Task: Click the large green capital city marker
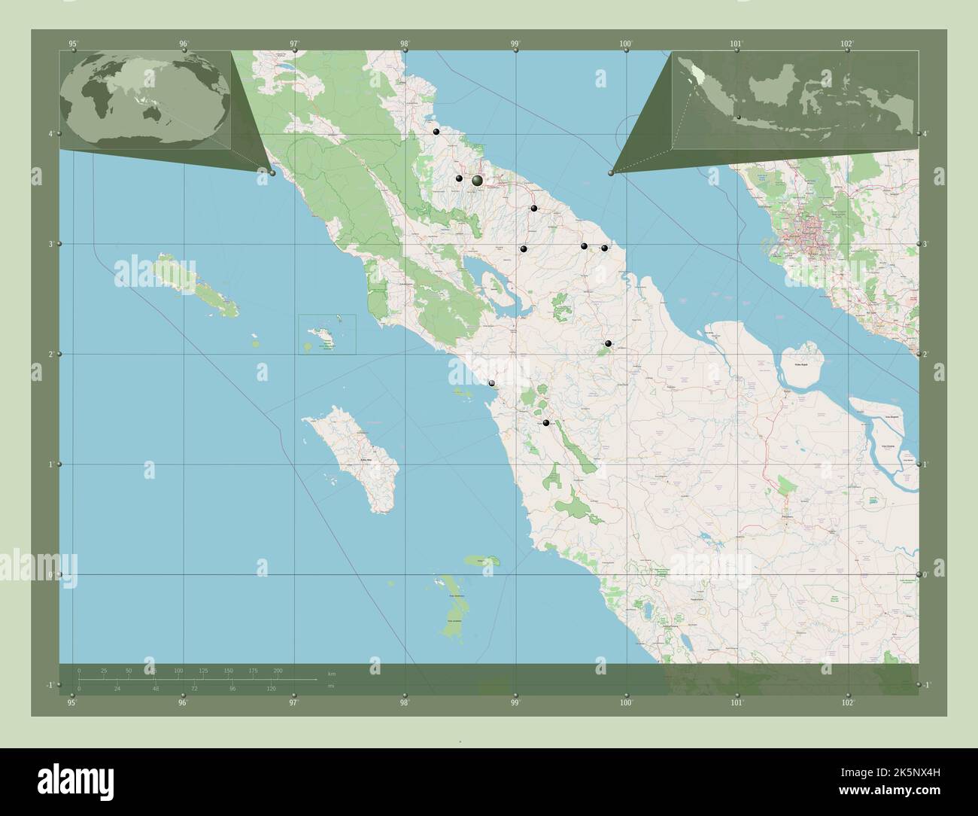477,180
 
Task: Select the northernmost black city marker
436,132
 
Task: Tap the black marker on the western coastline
491,383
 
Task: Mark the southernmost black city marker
546,423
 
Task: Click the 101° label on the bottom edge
737,703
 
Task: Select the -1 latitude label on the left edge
49,685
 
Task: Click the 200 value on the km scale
278,670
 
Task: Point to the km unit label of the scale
331,672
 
